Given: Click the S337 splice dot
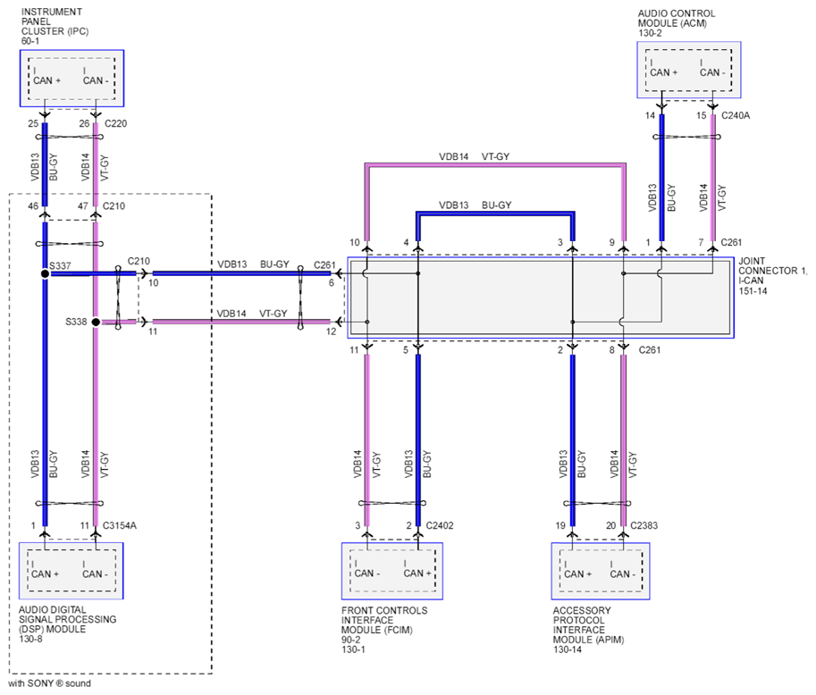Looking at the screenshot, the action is [46, 273].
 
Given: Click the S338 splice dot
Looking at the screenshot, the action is [96, 322].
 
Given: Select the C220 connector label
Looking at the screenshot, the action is [115, 124].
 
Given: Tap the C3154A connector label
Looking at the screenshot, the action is [120, 526].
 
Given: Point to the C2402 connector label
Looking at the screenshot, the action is [440, 526].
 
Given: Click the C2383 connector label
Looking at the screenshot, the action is [644, 526].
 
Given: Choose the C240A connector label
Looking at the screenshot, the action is [736, 116].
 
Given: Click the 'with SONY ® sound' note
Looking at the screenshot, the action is [49, 683].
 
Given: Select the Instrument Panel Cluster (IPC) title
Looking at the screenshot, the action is [55, 26].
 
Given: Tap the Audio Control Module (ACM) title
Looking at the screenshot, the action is [677, 23].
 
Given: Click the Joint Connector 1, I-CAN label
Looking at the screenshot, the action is [772, 276].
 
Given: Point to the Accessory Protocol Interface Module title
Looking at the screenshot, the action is [588, 630].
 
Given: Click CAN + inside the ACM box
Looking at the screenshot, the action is [663, 73].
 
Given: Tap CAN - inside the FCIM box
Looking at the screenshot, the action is [367, 574].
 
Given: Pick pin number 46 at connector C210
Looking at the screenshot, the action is [33, 206].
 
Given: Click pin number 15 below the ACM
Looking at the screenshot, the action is [702, 115].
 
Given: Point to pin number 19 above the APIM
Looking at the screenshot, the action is [560, 526].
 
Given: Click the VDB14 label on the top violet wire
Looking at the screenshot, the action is [454, 156].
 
